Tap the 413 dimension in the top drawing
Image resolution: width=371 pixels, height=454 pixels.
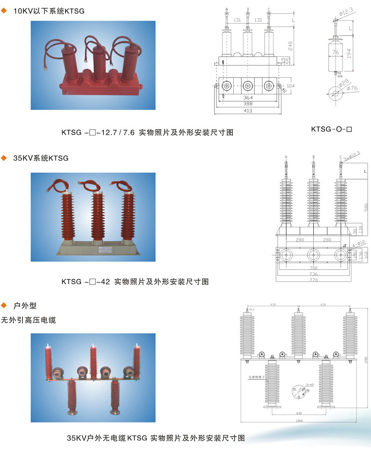248,111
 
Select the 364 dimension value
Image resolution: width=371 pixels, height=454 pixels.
248,98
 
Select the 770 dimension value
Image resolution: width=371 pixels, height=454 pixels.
313,280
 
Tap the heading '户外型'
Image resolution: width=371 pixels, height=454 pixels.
25,305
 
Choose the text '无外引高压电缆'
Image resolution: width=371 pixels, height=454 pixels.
29,320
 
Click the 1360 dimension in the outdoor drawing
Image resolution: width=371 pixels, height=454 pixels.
302,421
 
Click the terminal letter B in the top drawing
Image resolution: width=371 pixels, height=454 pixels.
248,9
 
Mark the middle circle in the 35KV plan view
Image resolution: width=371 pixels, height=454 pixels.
313,255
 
